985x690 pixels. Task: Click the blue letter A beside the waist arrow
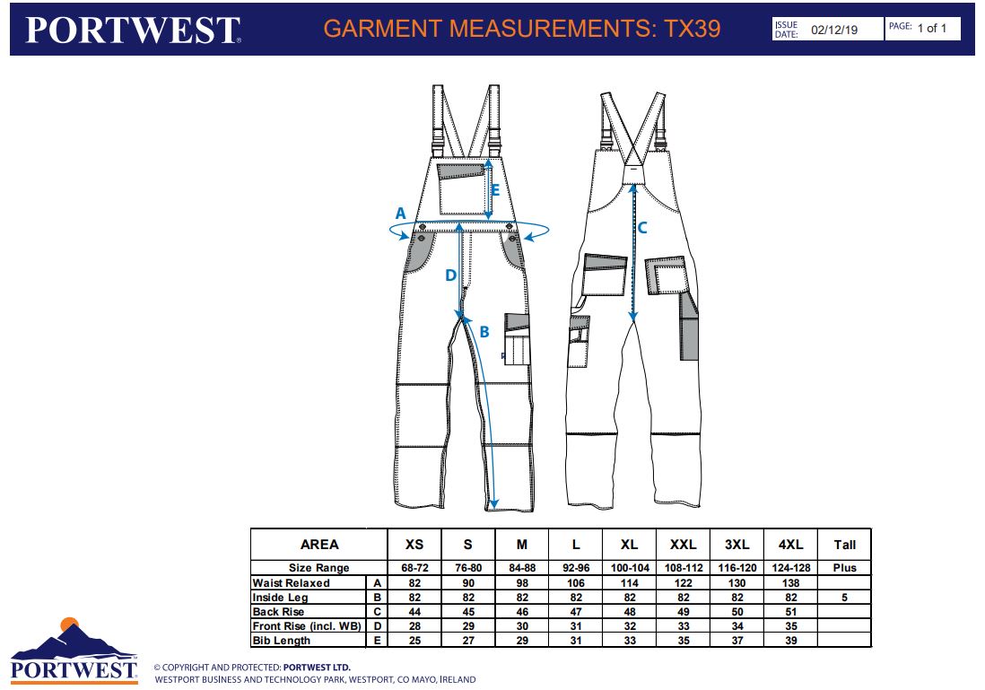[400, 214]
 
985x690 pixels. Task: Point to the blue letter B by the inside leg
[484, 332]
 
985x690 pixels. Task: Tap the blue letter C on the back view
[642, 228]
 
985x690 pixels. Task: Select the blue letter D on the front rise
[450, 275]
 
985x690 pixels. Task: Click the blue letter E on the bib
[495, 190]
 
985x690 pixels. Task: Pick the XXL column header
[683, 545]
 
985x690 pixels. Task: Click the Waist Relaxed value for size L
[576, 582]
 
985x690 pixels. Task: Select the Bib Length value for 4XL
[791, 641]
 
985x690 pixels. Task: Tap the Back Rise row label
[278, 611]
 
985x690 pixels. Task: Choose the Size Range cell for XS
[414, 567]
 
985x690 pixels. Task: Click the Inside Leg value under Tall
[845, 597]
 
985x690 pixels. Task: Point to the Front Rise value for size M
[522, 626]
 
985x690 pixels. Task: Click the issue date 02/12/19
[834, 30]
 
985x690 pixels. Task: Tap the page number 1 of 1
[931, 29]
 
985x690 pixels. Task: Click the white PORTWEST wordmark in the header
[133, 30]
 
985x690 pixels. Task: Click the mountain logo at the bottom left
[74, 650]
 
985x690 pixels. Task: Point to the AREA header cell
[319, 545]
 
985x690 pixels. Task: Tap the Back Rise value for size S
[468, 611]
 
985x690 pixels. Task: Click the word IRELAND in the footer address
[458, 679]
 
